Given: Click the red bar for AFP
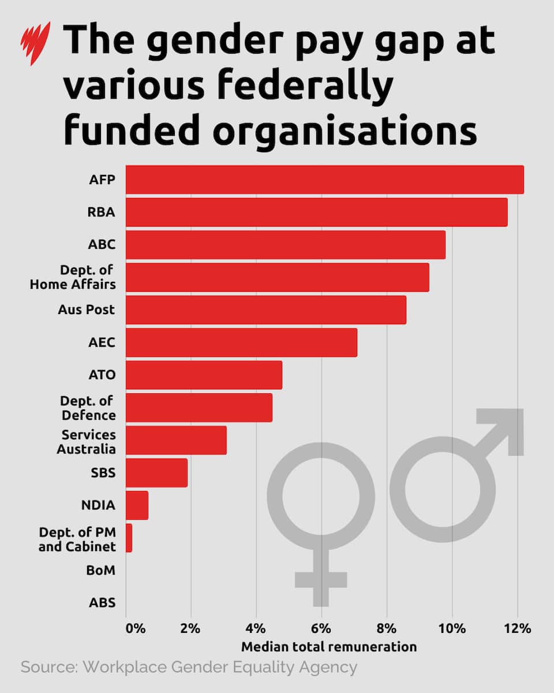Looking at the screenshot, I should [324, 180].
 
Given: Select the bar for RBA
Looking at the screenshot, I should [316, 212].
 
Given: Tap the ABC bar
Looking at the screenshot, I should [285, 244].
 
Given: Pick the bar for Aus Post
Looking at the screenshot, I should [265, 310].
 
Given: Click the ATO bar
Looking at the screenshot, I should [204, 375].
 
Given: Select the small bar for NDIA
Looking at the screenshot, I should [137, 505].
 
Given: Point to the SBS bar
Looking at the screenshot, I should [156, 473].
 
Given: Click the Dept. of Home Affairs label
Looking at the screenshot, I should [73, 277].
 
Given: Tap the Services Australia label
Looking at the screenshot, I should [86, 441].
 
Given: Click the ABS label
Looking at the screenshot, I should [102, 603].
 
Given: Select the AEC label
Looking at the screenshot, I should [102, 342].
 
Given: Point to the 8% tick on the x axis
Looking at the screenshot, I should [387, 628].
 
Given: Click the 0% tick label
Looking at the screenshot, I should [135, 628].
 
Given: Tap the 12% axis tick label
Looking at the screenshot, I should [516, 628].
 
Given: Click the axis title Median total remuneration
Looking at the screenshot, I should [328, 647].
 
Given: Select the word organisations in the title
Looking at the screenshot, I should [345, 131].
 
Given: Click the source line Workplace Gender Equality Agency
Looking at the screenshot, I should [189, 668].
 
